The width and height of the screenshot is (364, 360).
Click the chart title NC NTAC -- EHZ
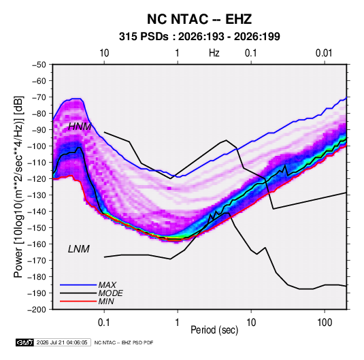click(199, 19)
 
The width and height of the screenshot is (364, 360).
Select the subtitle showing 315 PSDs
click(199, 37)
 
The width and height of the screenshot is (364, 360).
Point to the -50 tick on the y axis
click(39, 65)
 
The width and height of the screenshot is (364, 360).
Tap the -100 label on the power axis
click(37, 146)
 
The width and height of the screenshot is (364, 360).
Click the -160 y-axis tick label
click(37, 244)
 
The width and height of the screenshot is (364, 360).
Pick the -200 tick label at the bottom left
click(37, 310)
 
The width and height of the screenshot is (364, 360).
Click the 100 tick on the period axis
click(325, 323)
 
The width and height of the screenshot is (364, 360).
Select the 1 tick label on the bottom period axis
click(177, 323)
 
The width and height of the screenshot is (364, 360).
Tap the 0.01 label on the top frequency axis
click(324, 53)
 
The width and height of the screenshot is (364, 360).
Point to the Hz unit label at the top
click(214, 53)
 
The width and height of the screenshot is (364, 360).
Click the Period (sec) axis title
click(214, 330)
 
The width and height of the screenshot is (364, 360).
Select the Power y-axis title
click(18, 186)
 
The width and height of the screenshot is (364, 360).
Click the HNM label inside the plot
click(80, 127)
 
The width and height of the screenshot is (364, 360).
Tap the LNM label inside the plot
click(79, 249)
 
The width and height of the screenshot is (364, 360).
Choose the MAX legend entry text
click(107, 285)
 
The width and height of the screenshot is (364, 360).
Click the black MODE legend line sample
click(78, 293)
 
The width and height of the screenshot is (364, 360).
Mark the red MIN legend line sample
click(78, 301)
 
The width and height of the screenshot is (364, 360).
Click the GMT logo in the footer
click(25, 342)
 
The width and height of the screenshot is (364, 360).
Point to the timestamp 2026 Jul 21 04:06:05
click(62, 342)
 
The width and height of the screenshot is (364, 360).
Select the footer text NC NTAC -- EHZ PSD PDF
click(124, 342)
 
